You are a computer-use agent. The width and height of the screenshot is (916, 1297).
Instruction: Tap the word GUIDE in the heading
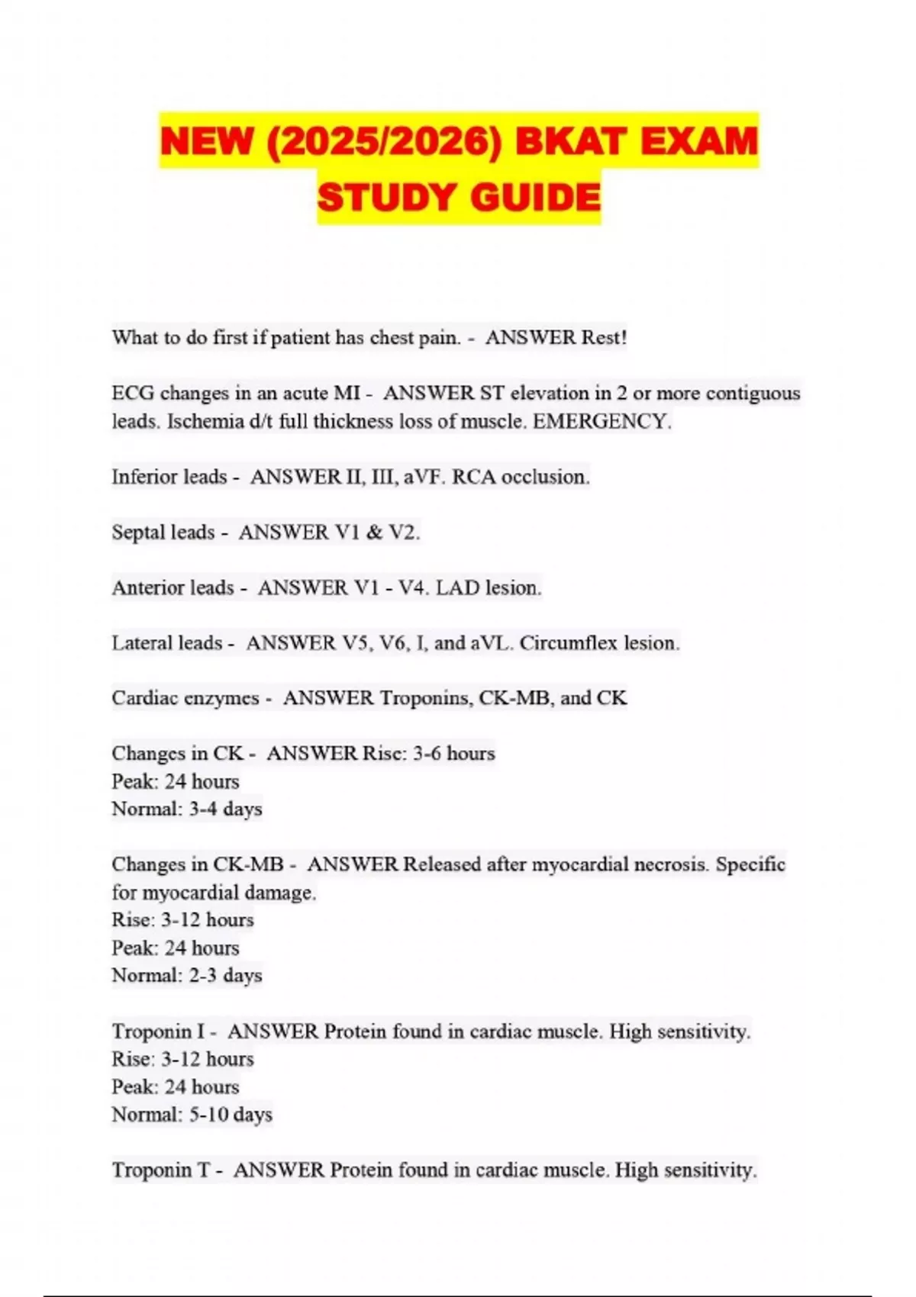(x=535, y=198)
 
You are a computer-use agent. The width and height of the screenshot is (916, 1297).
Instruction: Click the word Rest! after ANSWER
(x=604, y=337)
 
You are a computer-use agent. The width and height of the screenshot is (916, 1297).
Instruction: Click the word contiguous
(x=753, y=393)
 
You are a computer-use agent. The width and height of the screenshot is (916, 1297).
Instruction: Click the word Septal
(x=140, y=532)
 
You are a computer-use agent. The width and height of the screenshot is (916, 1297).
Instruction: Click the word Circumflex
(x=569, y=643)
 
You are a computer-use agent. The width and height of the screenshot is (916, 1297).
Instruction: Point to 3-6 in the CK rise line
(x=427, y=754)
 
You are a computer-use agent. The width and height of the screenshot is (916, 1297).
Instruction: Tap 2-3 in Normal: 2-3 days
(x=203, y=975)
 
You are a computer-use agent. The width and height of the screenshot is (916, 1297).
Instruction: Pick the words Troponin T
(x=161, y=1170)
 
